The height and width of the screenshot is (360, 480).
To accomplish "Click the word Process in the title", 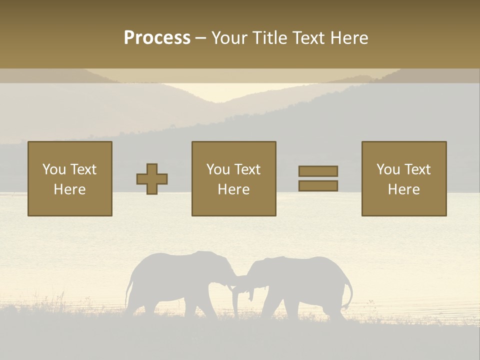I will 157,38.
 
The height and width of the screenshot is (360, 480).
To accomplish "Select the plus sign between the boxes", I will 152,179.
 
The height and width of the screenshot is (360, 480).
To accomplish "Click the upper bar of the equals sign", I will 318,171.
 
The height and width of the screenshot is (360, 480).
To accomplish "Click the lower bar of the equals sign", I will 318,186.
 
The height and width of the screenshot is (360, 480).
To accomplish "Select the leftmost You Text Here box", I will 70,179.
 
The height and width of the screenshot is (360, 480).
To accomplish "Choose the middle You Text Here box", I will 233,179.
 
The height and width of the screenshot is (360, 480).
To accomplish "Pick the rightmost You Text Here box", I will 404,179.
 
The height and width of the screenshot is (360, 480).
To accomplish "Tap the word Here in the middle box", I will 233,189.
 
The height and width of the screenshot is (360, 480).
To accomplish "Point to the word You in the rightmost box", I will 388,169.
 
